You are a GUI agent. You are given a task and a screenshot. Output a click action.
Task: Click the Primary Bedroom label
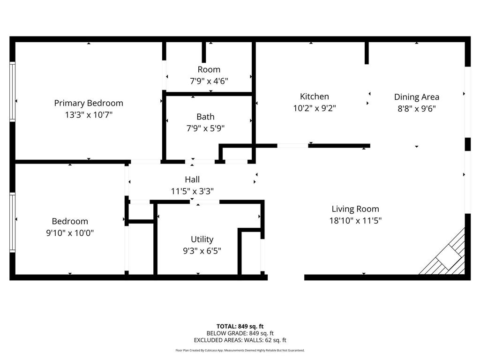pos(89,103)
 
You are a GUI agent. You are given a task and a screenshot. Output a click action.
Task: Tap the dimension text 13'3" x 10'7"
pos(89,114)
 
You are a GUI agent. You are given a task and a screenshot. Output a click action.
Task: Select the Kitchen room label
pos(314,97)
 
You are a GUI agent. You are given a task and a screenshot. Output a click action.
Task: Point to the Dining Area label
pos(416,97)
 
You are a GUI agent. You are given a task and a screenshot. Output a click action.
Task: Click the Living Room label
pos(355,209)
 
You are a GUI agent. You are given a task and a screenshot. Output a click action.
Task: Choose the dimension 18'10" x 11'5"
pos(355,220)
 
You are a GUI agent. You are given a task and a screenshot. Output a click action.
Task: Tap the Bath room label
pos(205,117)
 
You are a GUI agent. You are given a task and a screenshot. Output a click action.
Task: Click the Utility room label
pos(202,240)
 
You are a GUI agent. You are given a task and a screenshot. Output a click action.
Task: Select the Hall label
pos(192,180)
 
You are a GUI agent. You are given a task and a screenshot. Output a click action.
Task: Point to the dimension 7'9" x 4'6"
pos(209,81)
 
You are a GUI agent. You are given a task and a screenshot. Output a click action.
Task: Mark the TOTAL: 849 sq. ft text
pos(240,326)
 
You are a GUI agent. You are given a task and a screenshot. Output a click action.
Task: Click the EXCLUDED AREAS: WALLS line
pos(240,340)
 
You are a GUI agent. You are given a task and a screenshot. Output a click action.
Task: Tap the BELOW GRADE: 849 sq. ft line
pos(240,333)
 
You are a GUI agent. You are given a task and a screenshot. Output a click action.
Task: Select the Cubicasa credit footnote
pos(240,350)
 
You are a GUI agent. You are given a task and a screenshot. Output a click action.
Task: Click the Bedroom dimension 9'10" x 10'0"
pos(70,232)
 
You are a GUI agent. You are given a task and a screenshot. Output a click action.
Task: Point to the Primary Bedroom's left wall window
pos(13,92)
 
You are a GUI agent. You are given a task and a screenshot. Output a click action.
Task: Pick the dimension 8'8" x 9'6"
pos(416,108)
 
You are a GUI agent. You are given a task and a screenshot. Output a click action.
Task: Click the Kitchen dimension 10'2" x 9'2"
pos(314,108)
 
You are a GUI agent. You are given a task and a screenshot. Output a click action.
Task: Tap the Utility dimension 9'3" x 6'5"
pos(202,251)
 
